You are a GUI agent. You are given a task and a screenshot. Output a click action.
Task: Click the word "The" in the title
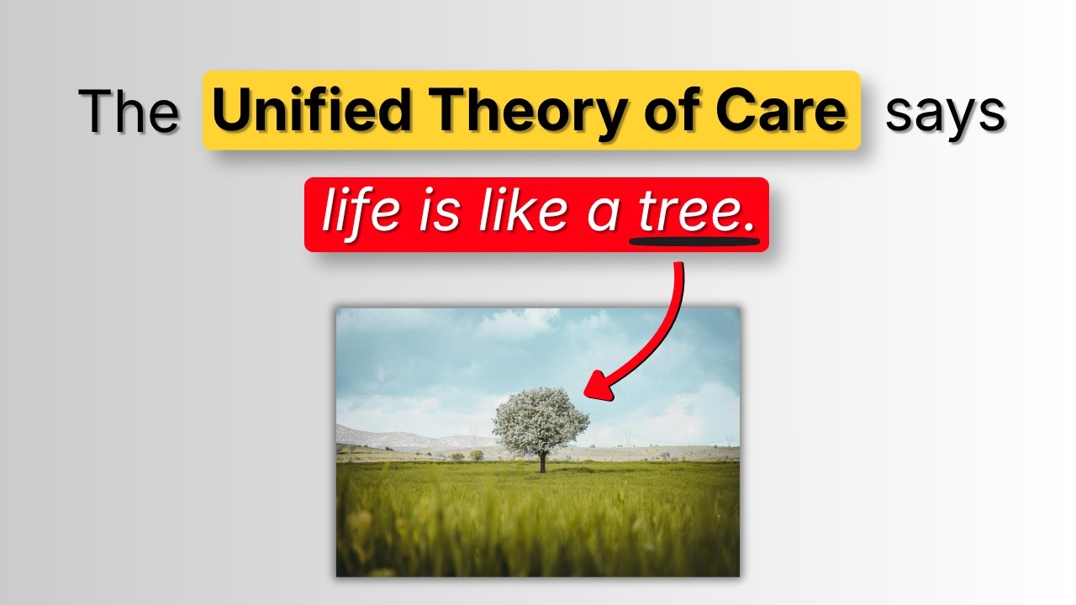(x=129, y=112)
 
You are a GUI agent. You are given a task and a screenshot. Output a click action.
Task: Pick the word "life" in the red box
(x=360, y=213)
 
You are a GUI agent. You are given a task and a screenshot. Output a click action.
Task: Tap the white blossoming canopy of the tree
(x=540, y=419)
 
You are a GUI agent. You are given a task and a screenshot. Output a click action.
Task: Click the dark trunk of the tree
(x=542, y=463)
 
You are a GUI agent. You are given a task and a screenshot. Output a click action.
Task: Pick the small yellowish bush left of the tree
(x=477, y=455)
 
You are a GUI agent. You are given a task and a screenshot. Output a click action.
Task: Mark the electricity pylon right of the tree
(x=626, y=437)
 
